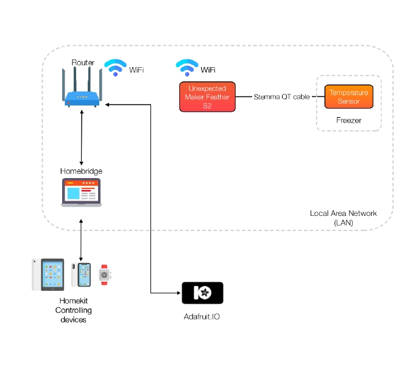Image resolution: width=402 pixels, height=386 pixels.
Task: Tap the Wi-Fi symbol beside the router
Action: click(x=115, y=68)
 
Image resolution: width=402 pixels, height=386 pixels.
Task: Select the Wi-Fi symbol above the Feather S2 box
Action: click(x=187, y=68)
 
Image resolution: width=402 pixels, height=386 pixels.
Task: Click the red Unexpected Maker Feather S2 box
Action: click(x=207, y=97)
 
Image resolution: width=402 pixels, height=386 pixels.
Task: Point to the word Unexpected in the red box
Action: click(x=207, y=89)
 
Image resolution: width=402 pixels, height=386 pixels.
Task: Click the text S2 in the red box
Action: click(x=207, y=105)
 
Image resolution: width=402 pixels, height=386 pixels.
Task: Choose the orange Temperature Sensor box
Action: click(x=348, y=96)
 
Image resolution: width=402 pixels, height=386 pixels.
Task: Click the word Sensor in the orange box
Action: click(x=348, y=101)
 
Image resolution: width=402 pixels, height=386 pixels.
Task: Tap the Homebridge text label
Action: click(x=81, y=171)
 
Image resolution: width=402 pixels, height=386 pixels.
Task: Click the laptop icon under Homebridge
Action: click(x=81, y=193)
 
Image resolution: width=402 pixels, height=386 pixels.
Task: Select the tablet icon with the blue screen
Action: click(x=49, y=275)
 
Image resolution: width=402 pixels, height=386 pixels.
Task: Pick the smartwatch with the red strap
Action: click(x=104, y=275)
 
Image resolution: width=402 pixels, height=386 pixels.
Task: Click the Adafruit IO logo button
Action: click(x=202, y=293)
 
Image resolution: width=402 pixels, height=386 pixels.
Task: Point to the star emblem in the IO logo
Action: click(x=206, y=293)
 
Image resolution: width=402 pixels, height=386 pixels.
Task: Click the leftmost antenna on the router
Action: click(x=64, y=82)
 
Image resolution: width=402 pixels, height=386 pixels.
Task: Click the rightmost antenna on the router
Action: click(x=100, y=82)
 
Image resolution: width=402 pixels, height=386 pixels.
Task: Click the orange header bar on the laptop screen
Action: click(x=81, y=184)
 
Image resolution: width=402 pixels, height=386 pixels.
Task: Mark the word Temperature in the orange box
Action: click(x=348, y=93)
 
